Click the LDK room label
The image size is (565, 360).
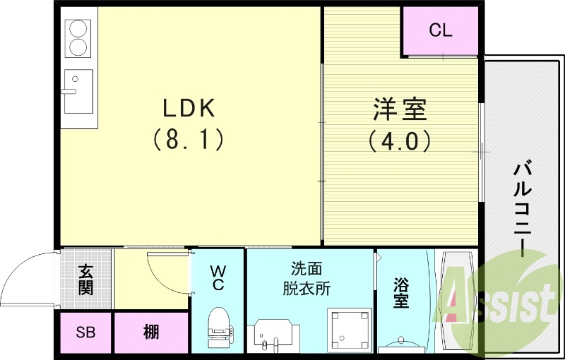click(x=188, y=109)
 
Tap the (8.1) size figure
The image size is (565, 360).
click(x=188, y=139)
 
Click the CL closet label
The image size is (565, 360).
click(x=441, y=31)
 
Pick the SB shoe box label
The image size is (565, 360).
click(x=85, y=332)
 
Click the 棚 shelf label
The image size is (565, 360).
click(x=150, y=332)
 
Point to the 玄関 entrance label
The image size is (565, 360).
click(x=85, y=280)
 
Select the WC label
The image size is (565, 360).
click(x=218, y=277)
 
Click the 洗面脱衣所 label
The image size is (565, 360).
click(x=308, y=278)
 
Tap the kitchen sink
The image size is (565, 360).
click(x=78, y=91)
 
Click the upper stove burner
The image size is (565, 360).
click(x=78, y=30)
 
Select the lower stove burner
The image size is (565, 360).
click(x=78, y=48)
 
